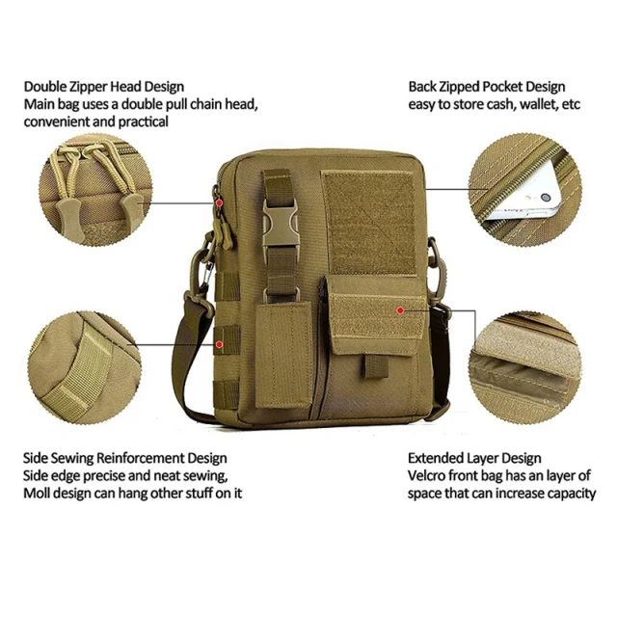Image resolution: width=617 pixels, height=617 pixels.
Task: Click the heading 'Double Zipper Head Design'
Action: click(x=103, y=87)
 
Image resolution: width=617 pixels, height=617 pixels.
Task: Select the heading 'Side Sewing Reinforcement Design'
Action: click(x=125, y=458)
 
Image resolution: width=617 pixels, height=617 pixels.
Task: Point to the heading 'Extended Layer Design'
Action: click(x=474, y=458)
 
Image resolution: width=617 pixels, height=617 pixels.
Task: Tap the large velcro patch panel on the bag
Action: click(x=369, y=223)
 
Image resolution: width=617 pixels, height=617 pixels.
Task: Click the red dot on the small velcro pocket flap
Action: click(x=400, y=310)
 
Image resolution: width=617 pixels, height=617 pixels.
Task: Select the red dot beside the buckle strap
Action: click(x=221, y=203)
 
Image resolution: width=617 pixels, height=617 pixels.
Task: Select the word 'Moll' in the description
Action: click(x=39, y=493)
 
